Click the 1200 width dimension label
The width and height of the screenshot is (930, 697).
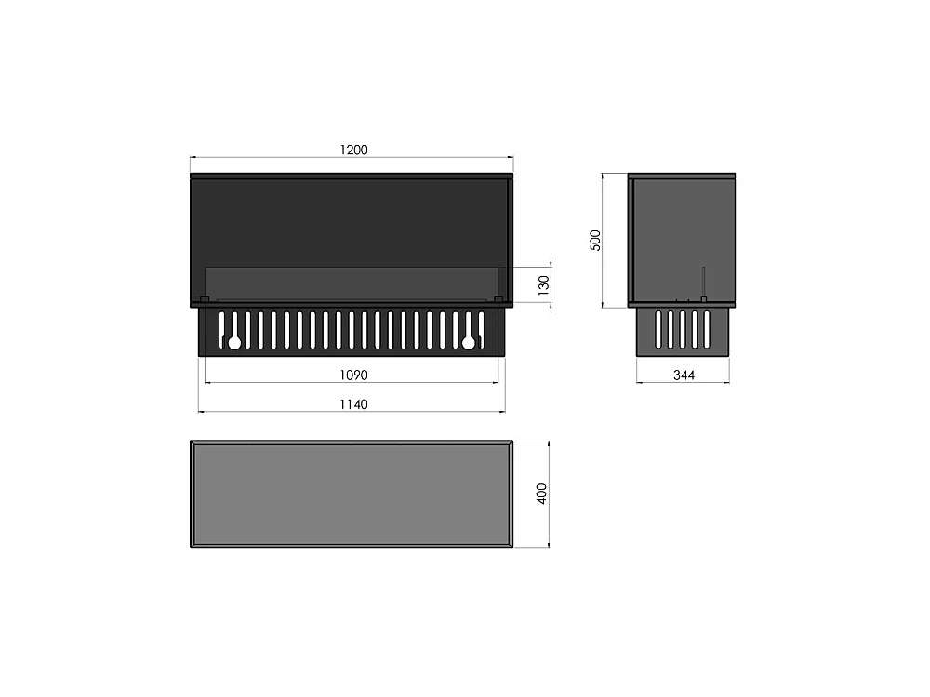(353, 150)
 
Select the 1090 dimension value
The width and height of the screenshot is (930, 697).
(353, 375)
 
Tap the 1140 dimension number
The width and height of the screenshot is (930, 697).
(353, 404)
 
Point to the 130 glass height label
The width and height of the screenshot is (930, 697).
(543, 285)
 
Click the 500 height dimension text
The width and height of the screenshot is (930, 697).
(595, 240)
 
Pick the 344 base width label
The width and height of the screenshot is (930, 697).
(684, 375)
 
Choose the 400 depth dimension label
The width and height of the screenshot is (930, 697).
(541, 493)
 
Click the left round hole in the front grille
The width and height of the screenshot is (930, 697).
(234, 343)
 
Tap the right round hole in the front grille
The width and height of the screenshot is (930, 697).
(469, 343)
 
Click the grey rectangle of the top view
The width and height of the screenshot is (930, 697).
(352, 493)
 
